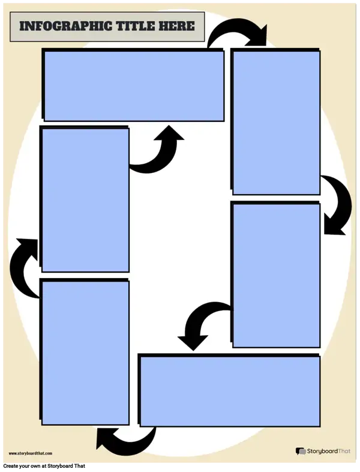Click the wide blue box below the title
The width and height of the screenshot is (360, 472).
(134, 86)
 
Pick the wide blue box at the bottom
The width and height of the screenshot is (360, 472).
(230, 391)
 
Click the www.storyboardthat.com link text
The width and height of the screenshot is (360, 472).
(31, 453)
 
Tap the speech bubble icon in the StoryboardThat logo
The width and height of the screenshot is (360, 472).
(301, 451)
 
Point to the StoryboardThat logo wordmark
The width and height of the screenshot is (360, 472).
(329, 451)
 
